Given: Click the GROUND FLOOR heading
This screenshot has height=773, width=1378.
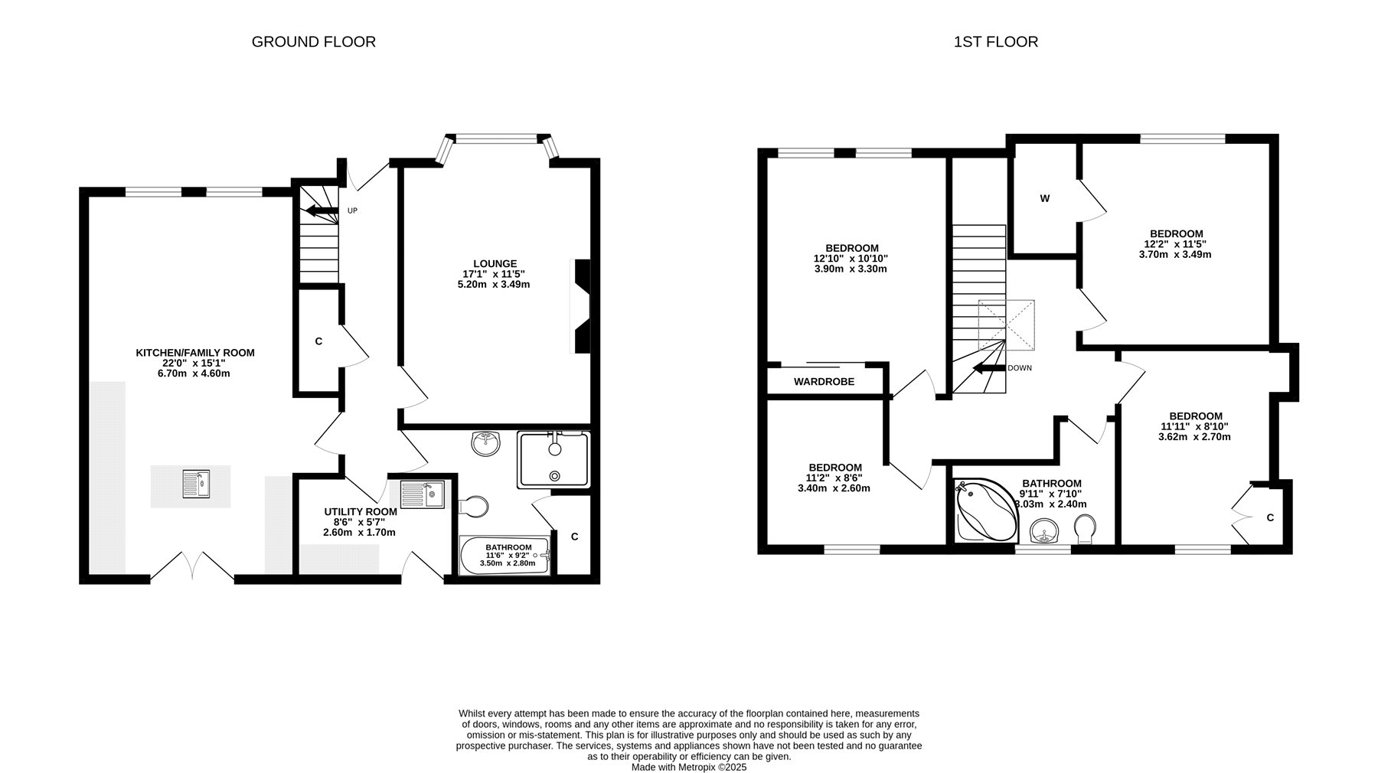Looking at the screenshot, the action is pyautogui.click(x=314, y=42).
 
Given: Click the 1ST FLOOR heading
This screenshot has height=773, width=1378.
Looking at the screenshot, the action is pyautogui.click(x=996, y=42).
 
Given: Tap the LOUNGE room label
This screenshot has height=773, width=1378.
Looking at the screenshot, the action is pyautogui.click(x=495, y=264).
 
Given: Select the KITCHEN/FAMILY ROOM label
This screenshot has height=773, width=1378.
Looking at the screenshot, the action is pyautogui.click(x=195, y=353).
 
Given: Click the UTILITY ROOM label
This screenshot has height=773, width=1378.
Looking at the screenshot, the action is pyautogui.click(x=361, y=512).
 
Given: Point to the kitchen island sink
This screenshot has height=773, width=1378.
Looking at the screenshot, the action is pyautogui.click(x=196, y=484).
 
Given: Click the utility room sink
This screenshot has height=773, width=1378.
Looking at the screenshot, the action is pyautogui.click(x=422, y=494).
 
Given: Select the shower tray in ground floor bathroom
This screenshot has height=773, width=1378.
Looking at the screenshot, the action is pyautogui.click(x=554, y=459).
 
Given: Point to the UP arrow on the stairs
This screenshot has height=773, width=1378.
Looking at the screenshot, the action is pyautogui.click(x=322, y=211).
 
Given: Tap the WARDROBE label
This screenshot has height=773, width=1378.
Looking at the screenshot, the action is pyautogui.click(x=824, y=382).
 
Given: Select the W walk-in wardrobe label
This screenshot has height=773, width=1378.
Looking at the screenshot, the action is pyautogui.click(x=1045, y=199).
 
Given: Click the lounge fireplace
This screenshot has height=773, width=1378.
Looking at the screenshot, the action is pyautogui.click(x=583, y=306).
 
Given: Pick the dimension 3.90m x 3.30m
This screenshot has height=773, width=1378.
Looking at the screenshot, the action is pyautogui.click(x=851, y=269).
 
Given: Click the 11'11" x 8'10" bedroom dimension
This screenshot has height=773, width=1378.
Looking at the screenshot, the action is pyautogui.click(x=1196, y=427).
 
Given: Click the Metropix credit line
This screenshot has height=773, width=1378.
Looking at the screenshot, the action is pyautogui.click(x=689, y=767).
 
